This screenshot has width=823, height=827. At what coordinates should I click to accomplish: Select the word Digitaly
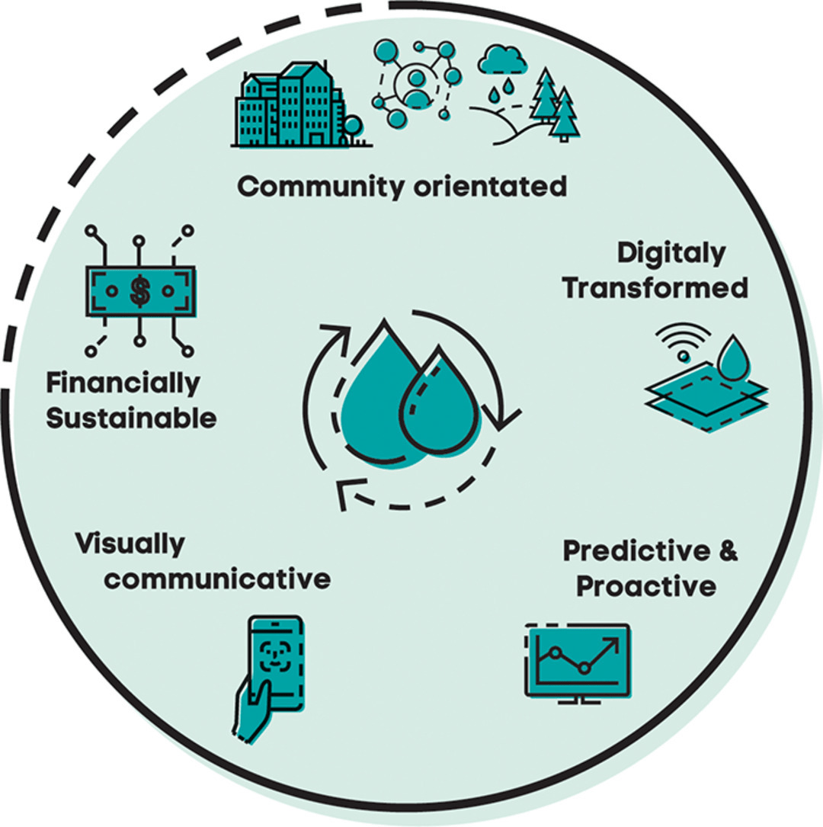(x=671, y=255)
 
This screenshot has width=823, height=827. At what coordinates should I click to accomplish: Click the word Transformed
(x=655, y=289)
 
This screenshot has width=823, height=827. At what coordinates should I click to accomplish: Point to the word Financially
(x=123, y=383)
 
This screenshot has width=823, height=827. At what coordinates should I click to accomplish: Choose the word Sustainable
(x=131, y=418)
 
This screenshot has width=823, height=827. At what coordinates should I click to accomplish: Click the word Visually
(x=130, y=544)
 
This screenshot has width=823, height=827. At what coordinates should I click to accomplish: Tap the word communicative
(x=217, y=579)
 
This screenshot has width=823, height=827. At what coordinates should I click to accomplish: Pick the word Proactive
(x=645, y=586)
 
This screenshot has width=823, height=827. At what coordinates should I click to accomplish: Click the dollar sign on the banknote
(x=139, y=290)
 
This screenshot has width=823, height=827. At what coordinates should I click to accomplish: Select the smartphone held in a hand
(x=274, y=671)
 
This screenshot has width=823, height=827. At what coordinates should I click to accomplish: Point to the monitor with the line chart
(x=578, y=659)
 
